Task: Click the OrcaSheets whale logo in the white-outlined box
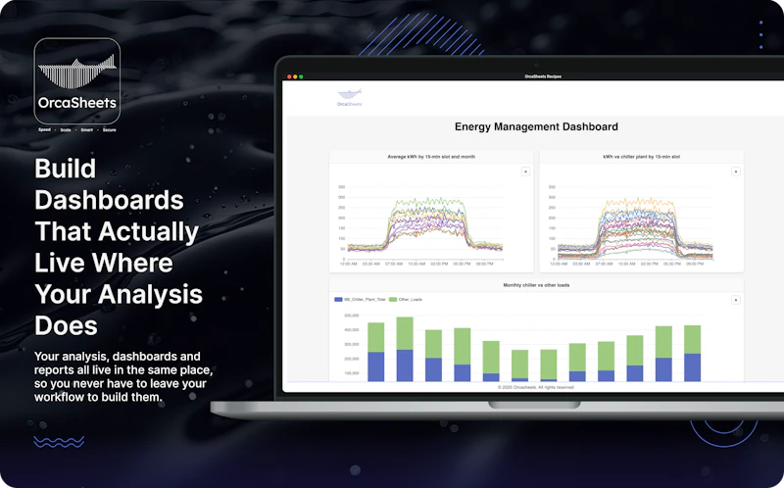(76, 74)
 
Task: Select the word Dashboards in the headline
(109, 200)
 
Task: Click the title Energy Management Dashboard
(536, 126)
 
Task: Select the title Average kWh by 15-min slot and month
(431, 157)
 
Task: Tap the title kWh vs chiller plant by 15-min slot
(641, 157)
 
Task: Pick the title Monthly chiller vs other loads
(536, 285)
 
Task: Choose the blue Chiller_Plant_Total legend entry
(359, 299)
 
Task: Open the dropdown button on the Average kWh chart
(525, 171)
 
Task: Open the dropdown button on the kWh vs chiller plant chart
(736, 171)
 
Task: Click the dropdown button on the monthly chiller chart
(736, 300)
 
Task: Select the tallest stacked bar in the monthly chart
(405, 348)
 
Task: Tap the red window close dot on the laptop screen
(288, 76)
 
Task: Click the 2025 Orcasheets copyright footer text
(536, 387)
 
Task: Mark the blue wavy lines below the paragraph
(59, 442)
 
